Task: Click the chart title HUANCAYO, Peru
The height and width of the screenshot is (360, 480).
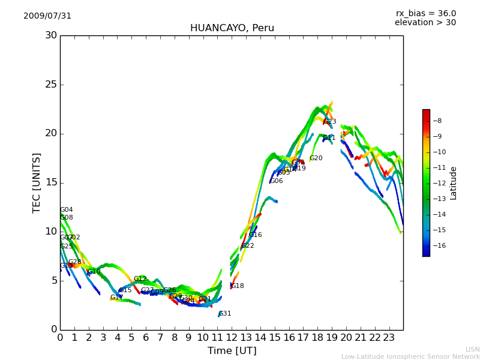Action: [232, 28]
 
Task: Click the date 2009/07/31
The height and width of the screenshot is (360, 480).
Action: [47, 16]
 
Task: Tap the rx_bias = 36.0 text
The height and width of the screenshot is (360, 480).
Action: [425, 14]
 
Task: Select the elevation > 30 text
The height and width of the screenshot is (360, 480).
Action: [425, 23]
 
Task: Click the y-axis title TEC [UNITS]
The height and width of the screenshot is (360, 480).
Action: [37, 182]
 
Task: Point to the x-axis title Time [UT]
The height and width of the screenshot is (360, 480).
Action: [232, 351]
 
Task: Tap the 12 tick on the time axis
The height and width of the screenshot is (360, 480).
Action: [232, 337]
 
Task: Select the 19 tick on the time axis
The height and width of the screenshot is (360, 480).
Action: [332, 337]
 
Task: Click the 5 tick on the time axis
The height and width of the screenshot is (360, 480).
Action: [131, 337]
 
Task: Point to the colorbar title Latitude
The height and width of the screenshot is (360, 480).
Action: [454, 182]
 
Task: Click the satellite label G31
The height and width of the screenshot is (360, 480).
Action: [225, 314]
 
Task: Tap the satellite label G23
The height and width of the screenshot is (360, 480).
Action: [330, 122]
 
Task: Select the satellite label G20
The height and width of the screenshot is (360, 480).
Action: [316, 158]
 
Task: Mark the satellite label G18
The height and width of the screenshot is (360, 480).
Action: [238, 286]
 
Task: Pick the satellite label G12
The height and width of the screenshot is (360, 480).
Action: [140, 279]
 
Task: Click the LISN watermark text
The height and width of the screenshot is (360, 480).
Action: [472, 349]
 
